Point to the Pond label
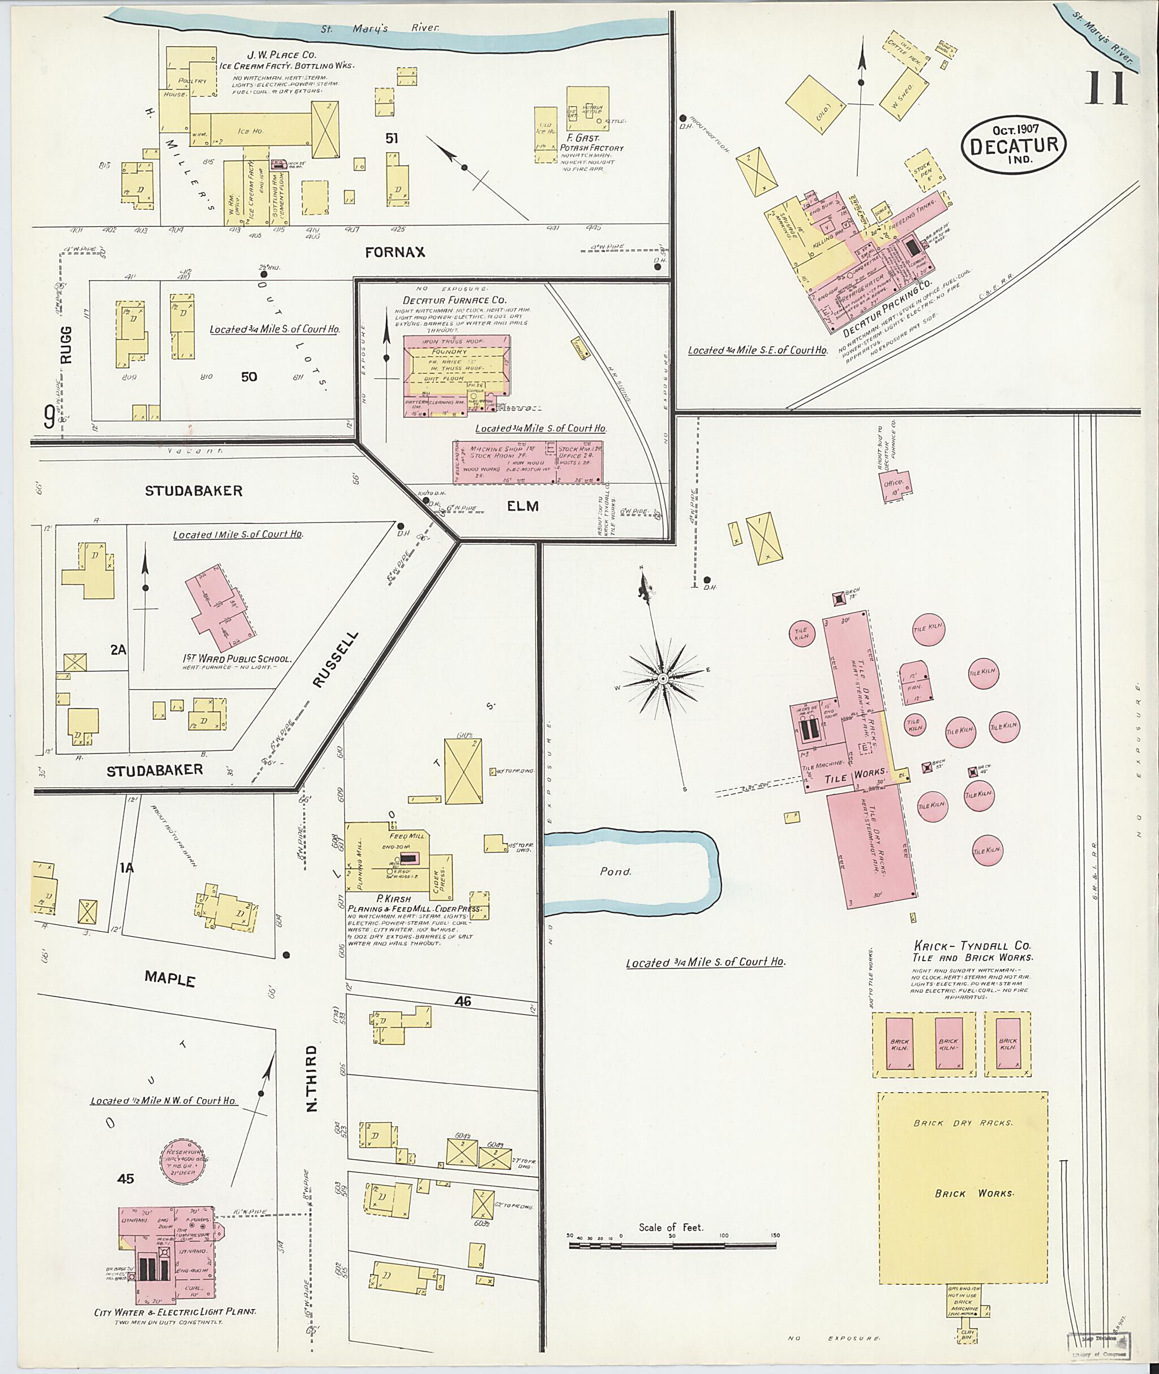615,872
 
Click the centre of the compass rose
663,678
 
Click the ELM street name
523,506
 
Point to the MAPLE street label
170,979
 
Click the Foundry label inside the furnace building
449,351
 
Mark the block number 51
392,139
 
